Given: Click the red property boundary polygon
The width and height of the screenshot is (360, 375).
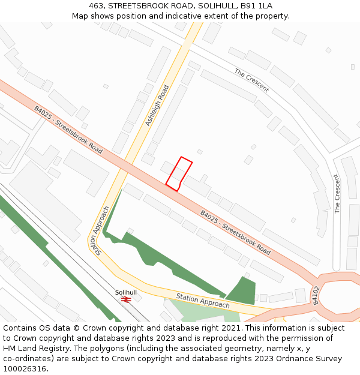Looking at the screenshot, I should pyautogui.click(x=179, y=174).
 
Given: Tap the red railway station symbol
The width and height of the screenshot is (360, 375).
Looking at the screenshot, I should pyautogui.click(x=126, y=299).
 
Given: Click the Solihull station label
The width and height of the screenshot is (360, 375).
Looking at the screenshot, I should pyautogui.click(x=126, y=292).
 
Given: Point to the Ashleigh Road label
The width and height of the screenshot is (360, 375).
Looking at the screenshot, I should pyautogui.click(x=157, y=106).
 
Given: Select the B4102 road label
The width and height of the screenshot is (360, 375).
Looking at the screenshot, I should pyautogui.click(x=315, y=295).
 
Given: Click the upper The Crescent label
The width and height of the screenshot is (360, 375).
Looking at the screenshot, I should pyautogui.click(x=251, y=80).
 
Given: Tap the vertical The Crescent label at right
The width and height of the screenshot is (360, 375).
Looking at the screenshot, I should pyautogui.click(x=337, y=193).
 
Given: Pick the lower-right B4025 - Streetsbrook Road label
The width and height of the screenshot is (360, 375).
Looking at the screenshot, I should pyautogui.click(x=235, y=231).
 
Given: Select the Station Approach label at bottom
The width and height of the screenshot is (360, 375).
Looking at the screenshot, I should pyautogui.click(x=203, y=301).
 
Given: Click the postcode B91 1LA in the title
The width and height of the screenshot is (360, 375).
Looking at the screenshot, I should pyautogui.click(x=257, y=6).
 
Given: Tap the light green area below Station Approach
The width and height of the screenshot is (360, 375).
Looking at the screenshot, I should pyautogui.click(x=198, y=312).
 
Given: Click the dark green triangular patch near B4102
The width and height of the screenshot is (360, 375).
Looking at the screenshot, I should pyautogui.click(x=242, y=291).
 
